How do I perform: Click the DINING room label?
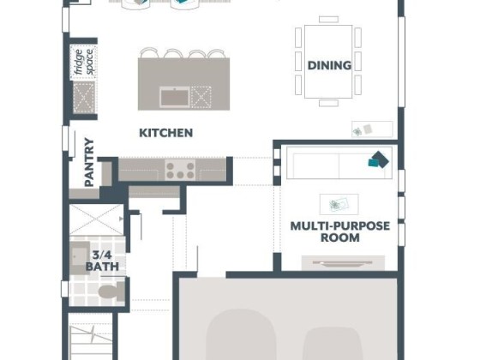click(x=329, y=65)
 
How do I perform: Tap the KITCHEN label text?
click(x=166, y=133)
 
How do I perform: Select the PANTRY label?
click(x=89, y=162)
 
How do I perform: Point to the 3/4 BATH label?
click(x=102, y=261)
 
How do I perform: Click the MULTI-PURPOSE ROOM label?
click(x=339, y=231)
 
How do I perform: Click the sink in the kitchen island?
click(x=175, y=97)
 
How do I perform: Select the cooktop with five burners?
click(x=180, y=170)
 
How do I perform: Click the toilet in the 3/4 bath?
click(x=111, y=291)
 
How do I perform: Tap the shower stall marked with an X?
click(x=96, y=219)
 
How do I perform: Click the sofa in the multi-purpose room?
click(x=339, y=163)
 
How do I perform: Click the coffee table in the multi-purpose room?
click(x=339, y=204)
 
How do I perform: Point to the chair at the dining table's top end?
click(x=328, y=19)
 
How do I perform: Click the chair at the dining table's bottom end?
click(x=328, y=103)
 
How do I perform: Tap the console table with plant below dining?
click(x=372, y=129)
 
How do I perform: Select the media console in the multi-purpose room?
click(x=343, y=263)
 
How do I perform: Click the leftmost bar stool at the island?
click(x=149, y=53)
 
